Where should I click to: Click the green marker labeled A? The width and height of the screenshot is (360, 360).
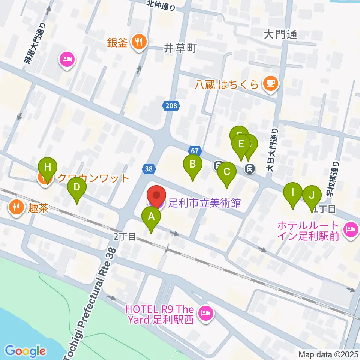(x=151, y=217)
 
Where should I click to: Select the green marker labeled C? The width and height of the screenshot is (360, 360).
(x=226, y=172)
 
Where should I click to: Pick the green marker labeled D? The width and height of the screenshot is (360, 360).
(x=76, y=187)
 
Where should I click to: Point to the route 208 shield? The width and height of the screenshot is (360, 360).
(x=170, y=106)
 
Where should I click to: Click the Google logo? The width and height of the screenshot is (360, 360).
(x=25, y=351)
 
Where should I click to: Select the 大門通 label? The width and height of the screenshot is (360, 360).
(x=280, y=34)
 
